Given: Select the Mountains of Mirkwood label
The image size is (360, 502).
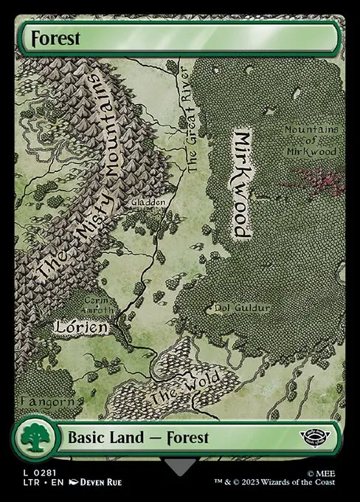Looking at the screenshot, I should point(311,140).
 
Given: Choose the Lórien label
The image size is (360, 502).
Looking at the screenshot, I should point(81,326).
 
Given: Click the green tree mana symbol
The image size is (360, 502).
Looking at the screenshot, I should point(34,439).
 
